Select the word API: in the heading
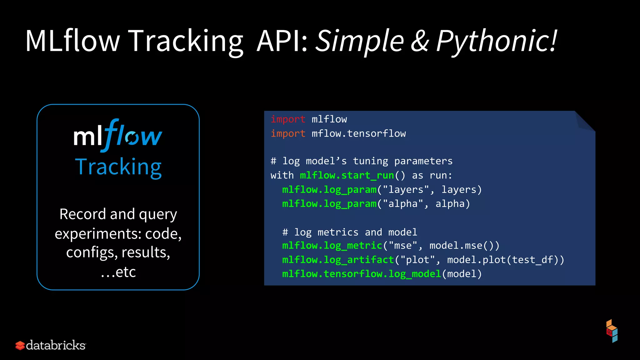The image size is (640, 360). tap(282, 41)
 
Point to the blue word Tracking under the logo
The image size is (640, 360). tap(118, 167)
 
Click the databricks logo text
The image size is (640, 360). tap(56, 345)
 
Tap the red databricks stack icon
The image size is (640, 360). tap(20, 345)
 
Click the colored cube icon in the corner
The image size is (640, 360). tap(612, 331)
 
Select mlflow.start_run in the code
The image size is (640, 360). tap(347, 175)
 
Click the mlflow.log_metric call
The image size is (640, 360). tap(332, 246)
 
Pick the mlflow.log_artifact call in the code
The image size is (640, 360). tap(338, 260)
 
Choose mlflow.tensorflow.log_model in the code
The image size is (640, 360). tap(362, 274)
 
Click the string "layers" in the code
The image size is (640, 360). tap(406, 190)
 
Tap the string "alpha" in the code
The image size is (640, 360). tap(403, 204)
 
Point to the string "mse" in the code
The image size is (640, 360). tap(403, 246)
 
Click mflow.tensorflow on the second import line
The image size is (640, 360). tap(359, 134)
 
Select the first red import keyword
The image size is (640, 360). tap(288, 119)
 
